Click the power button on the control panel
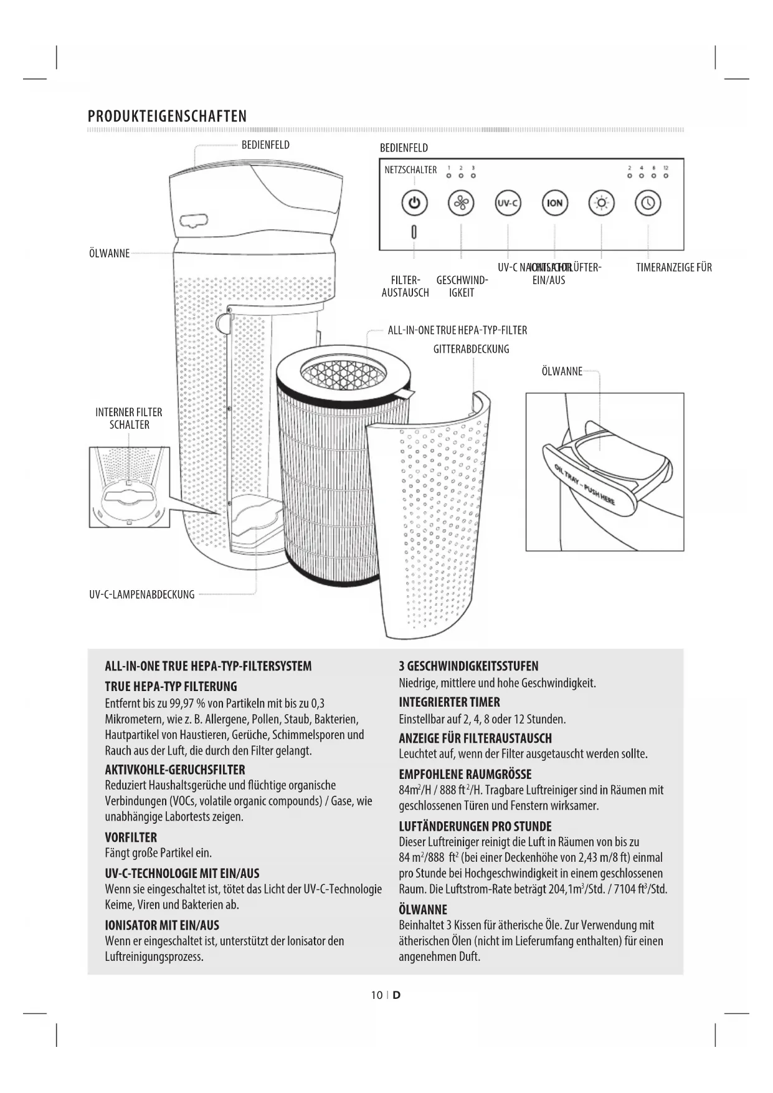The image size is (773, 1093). pyautogui.click(x=415, y=203)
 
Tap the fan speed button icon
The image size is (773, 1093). pyautogui.click(x=461, y=203)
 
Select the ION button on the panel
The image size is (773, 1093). pyautogui.click(x=554, y=203)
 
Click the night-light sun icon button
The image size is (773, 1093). pyautogui.click(x=601, y=203)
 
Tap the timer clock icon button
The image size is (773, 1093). pyautogui.click(x=648, y=203)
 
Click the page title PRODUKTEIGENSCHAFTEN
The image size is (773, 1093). pyautogui.click(x=167, y=117)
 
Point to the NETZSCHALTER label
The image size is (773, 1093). pyautogui.click(x=410, y=169)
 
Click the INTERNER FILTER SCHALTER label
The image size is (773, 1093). pyautogui.click(x=129, y=418)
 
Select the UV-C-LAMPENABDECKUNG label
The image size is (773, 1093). pyautogui.click(x=142, y=594)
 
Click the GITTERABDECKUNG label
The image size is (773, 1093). pyautogui.click(x=471, y=349)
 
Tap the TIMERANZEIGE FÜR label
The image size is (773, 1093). pyautogui.click(x=673, y=268)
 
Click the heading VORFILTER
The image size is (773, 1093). pyautogui.click(x=131, y=837)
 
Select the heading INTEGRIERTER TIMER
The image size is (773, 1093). pyautogui.click(x=449, y=702)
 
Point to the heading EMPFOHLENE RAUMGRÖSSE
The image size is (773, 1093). pyautogui.click(x=465, y=774)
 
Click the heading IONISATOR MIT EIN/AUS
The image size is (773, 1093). pyautogui.click(x=162, y=925)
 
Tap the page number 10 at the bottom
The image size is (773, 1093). pyautogui.click(x=376, y=995)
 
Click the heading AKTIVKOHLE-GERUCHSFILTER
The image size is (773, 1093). pyautogui.click(x=175, y=769)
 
